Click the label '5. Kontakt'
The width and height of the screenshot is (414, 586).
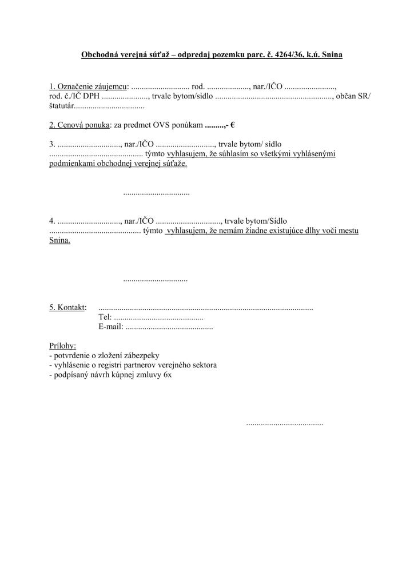coord(67,307)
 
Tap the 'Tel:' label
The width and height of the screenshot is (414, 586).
coord(105,317)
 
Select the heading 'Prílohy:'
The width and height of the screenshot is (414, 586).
coord(62,346)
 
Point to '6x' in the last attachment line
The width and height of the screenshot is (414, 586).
coord(167,375)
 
